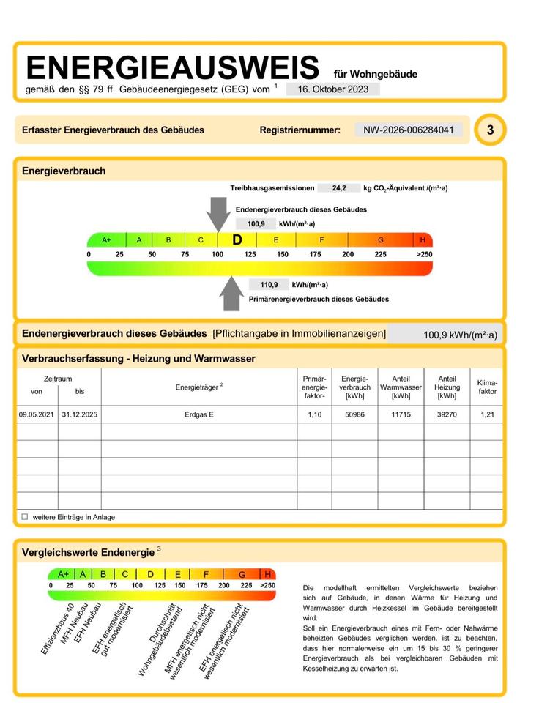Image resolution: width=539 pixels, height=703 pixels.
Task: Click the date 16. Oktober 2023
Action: pos(333,89)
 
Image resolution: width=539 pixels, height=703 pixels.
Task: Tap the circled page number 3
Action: pos(490,130)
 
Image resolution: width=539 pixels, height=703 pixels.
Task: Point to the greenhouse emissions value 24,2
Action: pos(340,188)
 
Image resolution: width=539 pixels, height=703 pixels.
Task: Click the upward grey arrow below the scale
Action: pos(232,293)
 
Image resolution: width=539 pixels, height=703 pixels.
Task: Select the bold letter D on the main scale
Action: pos(237,239)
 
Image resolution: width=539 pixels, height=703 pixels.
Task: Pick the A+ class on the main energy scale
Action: pos(106,239)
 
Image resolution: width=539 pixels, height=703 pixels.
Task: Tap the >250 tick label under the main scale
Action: pos(424,254)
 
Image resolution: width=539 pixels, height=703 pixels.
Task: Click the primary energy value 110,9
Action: pos(269,285)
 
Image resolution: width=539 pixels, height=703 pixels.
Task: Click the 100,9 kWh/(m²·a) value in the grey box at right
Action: pos(460,335)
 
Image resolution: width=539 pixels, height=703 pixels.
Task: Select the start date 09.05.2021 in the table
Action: pos(37,414)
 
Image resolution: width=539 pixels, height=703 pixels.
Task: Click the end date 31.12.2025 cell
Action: pos(80,414)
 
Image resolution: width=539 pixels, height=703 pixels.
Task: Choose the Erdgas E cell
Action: pos(200,414)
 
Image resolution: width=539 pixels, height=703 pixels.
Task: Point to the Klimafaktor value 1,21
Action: pos(487,414)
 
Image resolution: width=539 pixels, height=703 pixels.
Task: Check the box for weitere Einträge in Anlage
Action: pos(24,516)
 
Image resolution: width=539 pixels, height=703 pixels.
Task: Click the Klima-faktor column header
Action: pos(487,387)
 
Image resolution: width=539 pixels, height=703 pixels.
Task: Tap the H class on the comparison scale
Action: pos(268,574)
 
